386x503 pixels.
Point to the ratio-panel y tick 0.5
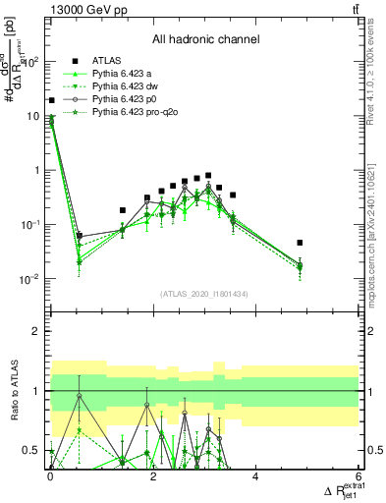pyautogui.click(x=35, y=451)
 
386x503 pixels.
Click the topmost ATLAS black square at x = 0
pyautogui.click(x=51, y=100)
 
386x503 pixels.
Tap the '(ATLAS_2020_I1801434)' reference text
pyautogui.click(x=205, y=294)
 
